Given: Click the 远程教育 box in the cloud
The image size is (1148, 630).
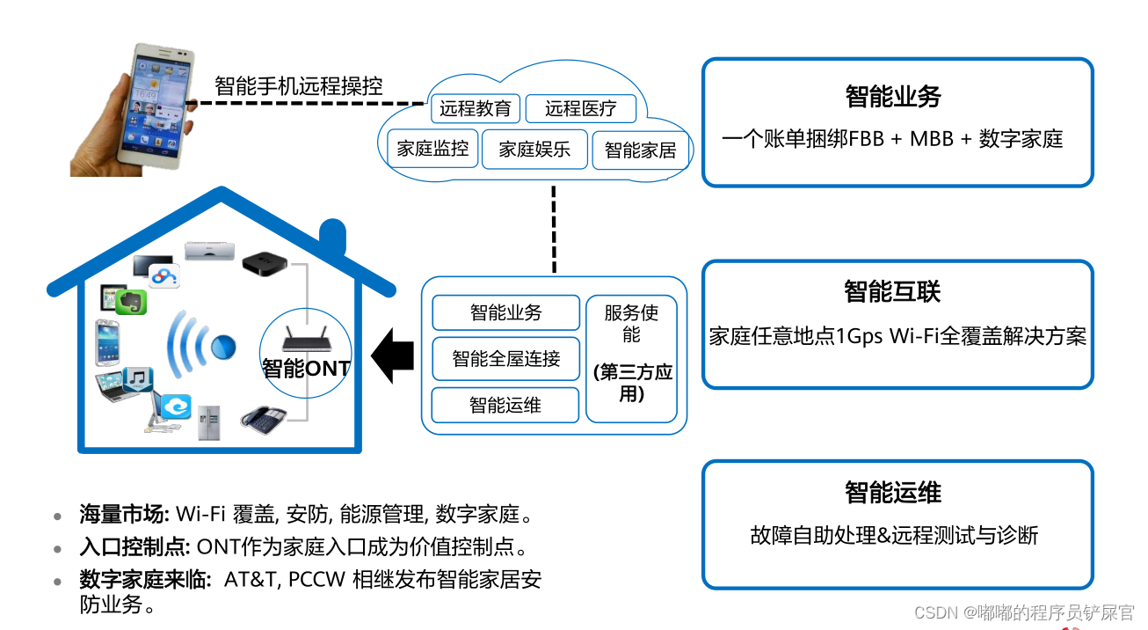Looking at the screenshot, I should pos(476,109).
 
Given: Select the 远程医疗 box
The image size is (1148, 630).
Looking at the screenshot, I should pos(580,109).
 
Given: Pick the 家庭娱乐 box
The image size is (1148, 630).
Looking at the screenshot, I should pos(534,149).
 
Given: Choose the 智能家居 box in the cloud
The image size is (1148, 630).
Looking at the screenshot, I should pos(641,150).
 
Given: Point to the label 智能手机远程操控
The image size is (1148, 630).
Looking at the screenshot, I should pos(298,86).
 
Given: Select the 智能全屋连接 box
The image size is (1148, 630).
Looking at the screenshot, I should pos(505,359).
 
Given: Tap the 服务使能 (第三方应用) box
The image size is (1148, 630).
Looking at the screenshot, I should pos(631,358).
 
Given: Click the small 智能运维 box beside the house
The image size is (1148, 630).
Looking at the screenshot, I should pos(505,405).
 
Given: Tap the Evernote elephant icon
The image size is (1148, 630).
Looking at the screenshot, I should pos(132,302).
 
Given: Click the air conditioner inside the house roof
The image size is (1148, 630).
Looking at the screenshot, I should pos(210,251).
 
